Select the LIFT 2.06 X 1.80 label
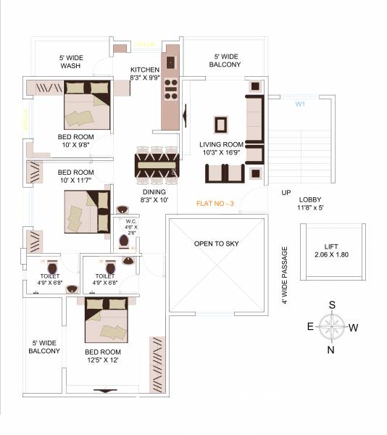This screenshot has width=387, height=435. [333, 250]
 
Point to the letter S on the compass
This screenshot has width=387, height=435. [332, 304]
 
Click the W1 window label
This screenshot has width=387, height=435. [299, 104]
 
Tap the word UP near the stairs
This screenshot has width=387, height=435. [286, 193]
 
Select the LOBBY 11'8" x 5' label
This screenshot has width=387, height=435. [310, 204]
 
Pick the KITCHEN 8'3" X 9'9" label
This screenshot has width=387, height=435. [144, 73]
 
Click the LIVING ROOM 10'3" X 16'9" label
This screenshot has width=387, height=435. [221, 149]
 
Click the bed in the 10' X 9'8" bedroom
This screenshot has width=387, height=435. [86, 107]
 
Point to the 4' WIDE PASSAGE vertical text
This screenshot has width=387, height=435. [285, 275]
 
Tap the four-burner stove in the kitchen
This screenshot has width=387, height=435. [171, 89]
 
